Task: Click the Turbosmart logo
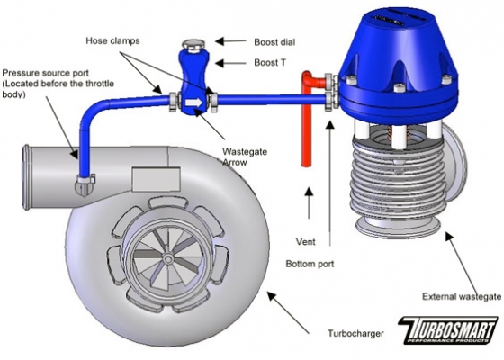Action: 447,330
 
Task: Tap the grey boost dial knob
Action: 193,45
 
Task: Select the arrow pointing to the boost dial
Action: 230,40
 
